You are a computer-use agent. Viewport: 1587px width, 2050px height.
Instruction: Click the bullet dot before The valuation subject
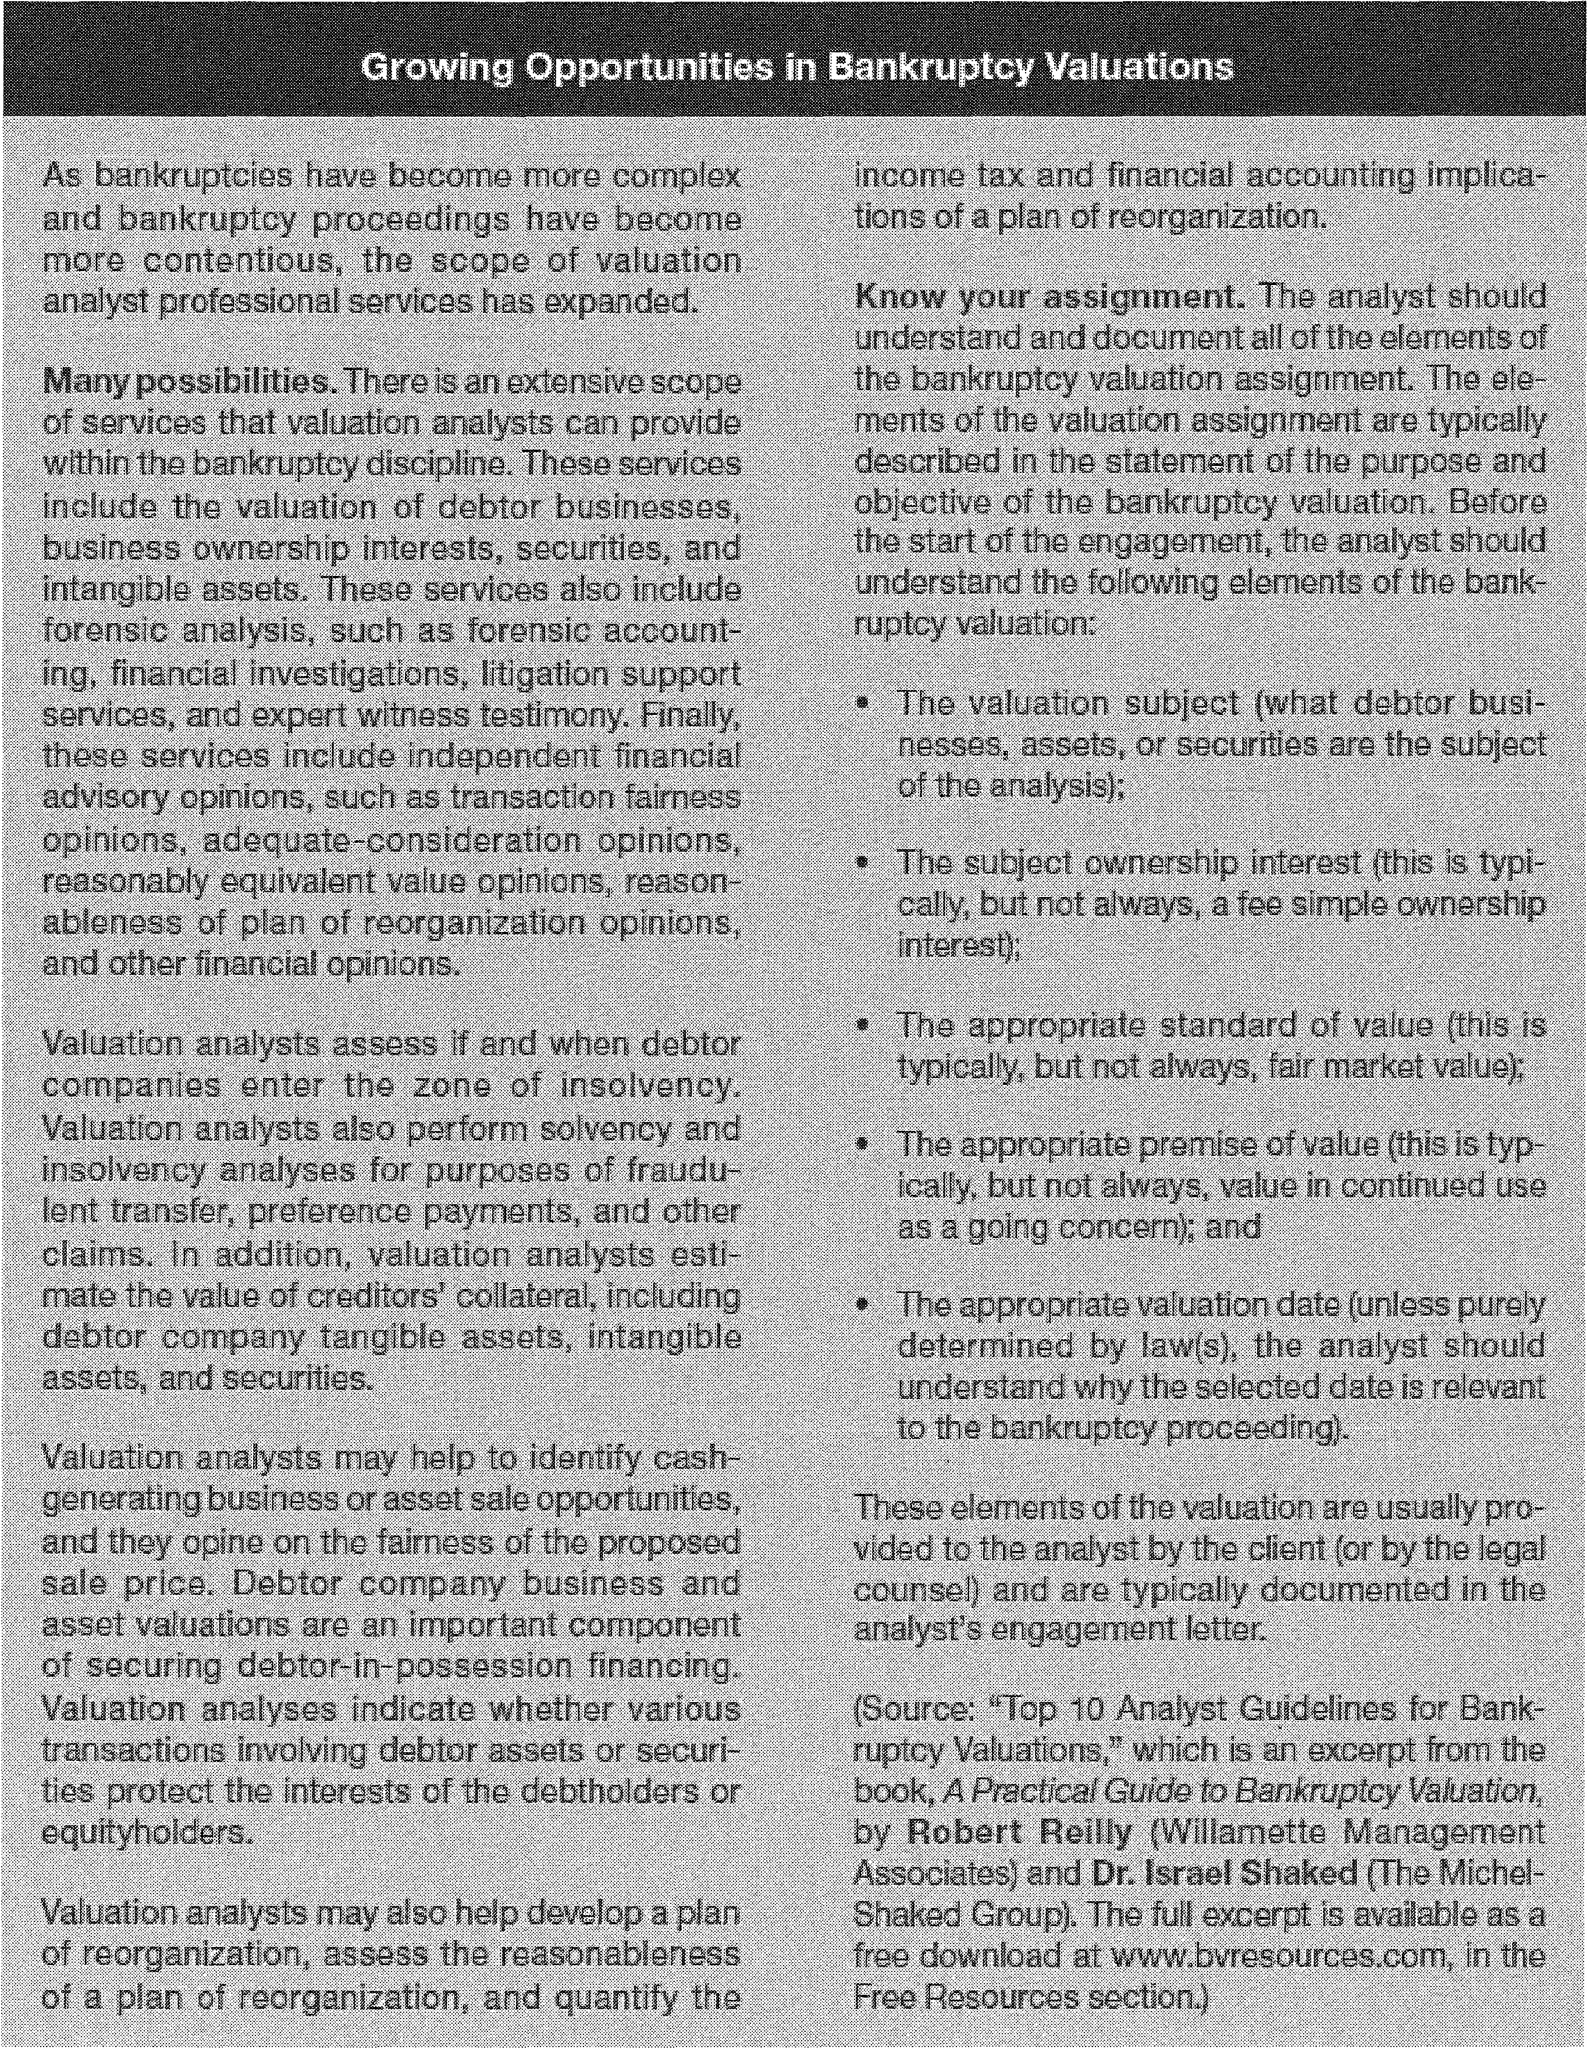pyautogui.click(x=862, y=703)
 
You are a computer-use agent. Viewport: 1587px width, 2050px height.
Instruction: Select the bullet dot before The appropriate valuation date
pyautogui.click(x=862, y=1305)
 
